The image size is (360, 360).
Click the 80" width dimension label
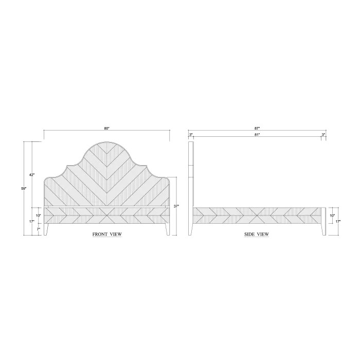point(107,129)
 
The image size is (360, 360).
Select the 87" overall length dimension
point(257,129)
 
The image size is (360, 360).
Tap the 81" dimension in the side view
point(257,135)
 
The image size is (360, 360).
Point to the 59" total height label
point(24,188)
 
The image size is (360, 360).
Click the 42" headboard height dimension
point(32,175)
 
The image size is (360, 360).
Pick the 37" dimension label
point(176,206)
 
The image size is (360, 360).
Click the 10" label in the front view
point(38,215)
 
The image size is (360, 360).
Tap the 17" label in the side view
point(338,221)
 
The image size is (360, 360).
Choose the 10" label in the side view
point(332,215)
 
